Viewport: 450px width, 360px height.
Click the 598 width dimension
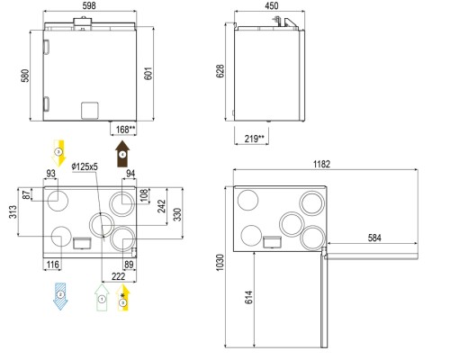(89, 5)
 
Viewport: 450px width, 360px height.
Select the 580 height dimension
(25, 76)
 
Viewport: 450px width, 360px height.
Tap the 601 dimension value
(148, 74)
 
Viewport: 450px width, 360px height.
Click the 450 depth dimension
(271, 5)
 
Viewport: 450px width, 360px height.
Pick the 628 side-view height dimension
(220, 71)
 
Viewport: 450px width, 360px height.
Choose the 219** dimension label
(255, 139)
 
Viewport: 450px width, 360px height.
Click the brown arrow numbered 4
(122, 154)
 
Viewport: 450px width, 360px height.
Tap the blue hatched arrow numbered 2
(60, 296)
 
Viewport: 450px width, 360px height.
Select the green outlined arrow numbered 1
(102, 298)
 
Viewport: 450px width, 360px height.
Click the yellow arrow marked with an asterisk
(123, 298)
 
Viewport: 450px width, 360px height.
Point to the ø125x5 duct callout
(85, 166)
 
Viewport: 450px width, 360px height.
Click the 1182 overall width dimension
(321, 164)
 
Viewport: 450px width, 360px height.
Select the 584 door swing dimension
(374, 238)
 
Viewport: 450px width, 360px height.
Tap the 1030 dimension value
(220, 263)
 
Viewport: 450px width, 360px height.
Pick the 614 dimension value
(248, 297)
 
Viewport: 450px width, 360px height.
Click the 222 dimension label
(118, 276)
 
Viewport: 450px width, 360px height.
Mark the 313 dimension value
(13, 211)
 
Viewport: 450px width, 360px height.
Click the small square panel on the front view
(90, 111)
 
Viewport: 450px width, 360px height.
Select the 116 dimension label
(53, 265)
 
